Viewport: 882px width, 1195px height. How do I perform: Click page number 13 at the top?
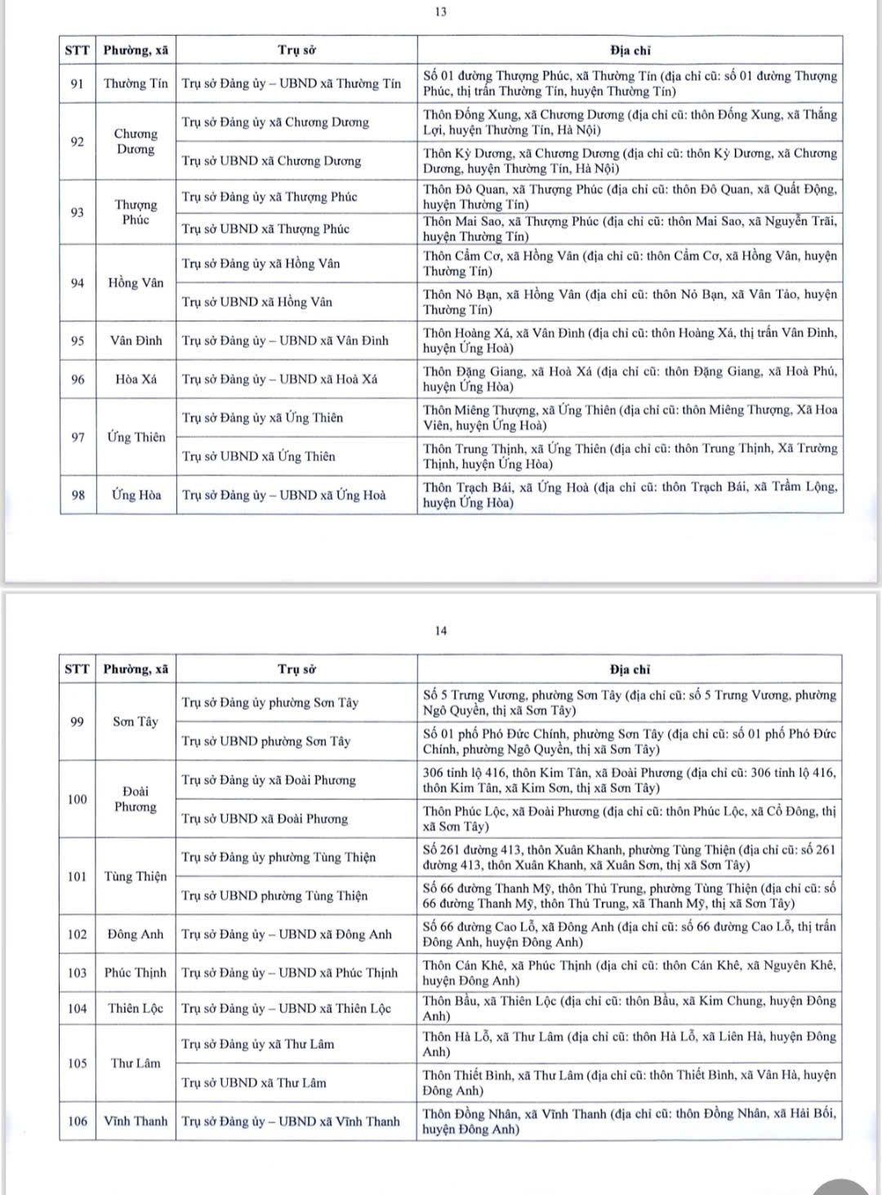tap(440, 12)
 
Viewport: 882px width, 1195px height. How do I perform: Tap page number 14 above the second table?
tap(441, 630)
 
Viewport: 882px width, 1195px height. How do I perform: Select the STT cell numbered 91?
tap(77, 83)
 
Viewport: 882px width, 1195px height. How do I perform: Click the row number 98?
tap(78, 495)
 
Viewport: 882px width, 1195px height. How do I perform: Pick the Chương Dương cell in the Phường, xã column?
tap(136, 141)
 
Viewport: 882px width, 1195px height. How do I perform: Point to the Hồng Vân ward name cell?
tap(136, 282)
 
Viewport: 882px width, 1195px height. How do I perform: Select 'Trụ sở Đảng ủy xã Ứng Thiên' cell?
tap(262, 418)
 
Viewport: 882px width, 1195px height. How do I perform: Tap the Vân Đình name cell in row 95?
tap(136, 340)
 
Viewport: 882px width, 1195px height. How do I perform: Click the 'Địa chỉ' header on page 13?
tap(630, 51)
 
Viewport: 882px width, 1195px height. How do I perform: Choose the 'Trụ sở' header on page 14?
tap(296, 669)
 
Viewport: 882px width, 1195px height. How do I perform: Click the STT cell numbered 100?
tap(77, 799)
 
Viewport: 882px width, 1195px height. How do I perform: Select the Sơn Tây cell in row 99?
tap(136, 722)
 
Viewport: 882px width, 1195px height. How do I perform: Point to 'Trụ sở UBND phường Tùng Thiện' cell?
tap(274, 895)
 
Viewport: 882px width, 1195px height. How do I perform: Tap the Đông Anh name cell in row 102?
tap(136, 934)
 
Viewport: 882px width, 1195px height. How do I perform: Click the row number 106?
tap(77, 1121)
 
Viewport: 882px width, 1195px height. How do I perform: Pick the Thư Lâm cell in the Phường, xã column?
tap(136, 1063)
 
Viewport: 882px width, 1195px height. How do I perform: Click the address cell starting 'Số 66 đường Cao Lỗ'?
tap(629, 934)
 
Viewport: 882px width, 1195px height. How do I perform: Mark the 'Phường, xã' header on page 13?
tap(136, 51)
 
